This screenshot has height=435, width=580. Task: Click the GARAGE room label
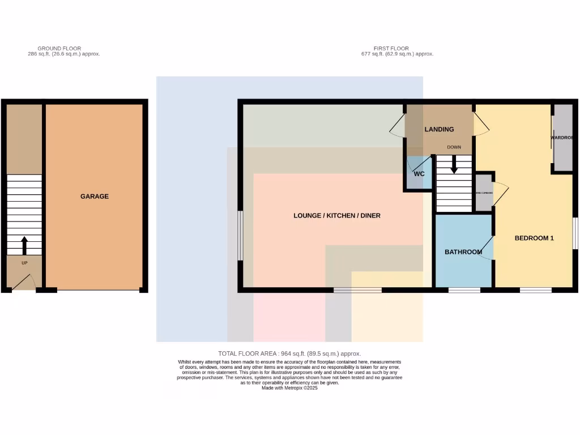click(x=94, y=197)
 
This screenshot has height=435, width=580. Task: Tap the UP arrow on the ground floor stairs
click(x=24, y=245)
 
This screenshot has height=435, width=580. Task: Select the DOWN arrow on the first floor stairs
click(x=454, y=165)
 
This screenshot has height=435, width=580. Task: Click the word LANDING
click(x=439, y=129)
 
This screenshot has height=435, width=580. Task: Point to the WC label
click(x=419, y=174)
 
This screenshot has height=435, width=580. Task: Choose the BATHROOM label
click(x=463, y=252)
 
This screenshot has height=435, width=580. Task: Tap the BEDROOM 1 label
click(x=534, y=238)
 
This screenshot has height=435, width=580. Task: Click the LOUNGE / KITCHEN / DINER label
click(x=336, y=216)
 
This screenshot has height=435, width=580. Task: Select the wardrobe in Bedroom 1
click(x=562, y=138)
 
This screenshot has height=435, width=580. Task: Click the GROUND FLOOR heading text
click(x=59, y=49)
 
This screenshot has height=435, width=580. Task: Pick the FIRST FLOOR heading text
click(x=391, y=49)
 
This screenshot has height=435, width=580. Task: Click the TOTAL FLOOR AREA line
click(x=289, y=353)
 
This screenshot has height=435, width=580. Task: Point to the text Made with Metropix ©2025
click(x=289, y=388)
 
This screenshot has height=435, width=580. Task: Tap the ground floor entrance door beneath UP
click(x=23, y=282)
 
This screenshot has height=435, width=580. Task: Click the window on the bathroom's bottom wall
click(x=464, y=290)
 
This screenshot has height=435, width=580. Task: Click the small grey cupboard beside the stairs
click(x=483, y=193)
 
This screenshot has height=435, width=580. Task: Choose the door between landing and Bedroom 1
click(x=481, y=123)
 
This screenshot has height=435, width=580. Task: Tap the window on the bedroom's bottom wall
click(x=535, y=290)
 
